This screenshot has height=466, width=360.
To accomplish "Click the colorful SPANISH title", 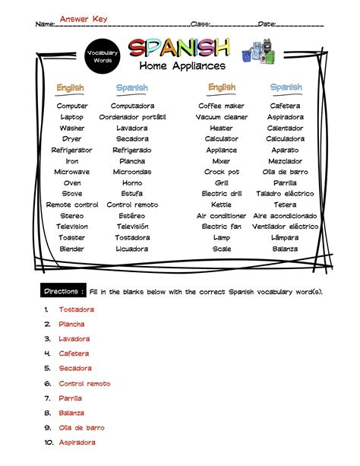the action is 178,49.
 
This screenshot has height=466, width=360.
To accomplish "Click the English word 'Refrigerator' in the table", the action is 72,151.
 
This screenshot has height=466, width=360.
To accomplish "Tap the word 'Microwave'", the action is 72,172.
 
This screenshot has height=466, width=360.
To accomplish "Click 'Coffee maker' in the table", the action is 221,106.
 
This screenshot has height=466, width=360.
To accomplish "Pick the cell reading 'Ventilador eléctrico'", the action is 286,227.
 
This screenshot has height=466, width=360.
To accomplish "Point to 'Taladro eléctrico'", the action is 286,194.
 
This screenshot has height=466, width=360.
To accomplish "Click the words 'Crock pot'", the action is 221,172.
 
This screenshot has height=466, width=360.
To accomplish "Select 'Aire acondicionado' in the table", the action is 286,216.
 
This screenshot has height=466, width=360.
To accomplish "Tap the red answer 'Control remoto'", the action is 84,384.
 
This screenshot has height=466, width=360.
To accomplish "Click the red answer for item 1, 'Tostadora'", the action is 77,309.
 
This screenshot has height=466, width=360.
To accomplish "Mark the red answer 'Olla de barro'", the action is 82,428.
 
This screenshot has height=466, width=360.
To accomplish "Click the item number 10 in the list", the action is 47,442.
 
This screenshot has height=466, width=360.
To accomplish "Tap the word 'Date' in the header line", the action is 267,24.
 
